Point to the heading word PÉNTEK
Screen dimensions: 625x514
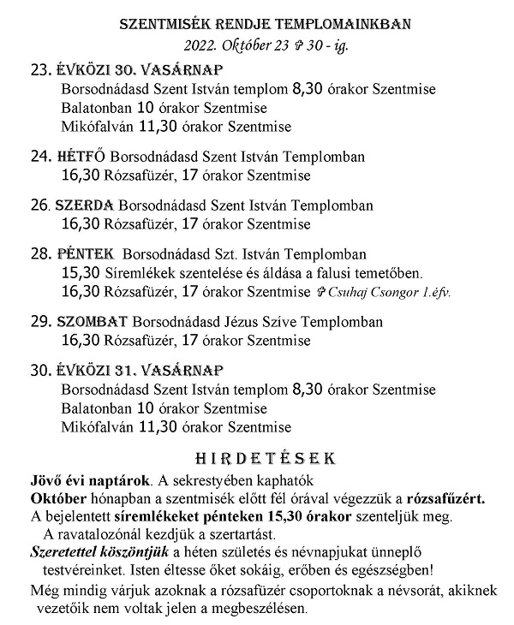pos(85,254)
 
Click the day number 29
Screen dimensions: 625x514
pos(39,322)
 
